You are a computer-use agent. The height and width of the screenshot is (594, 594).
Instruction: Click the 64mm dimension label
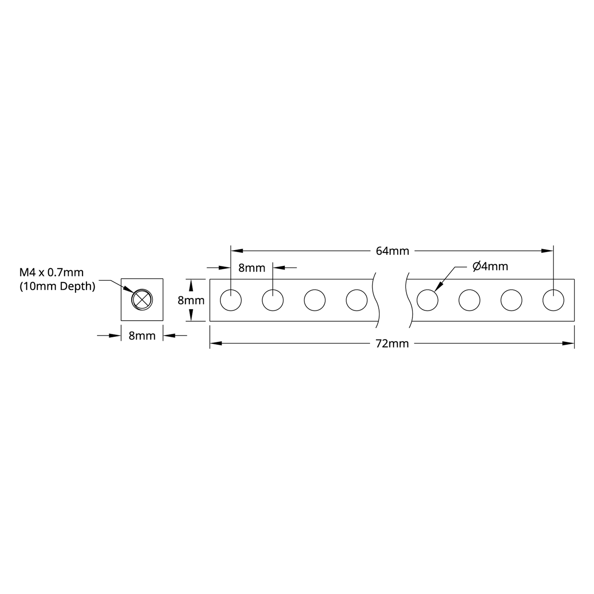392,251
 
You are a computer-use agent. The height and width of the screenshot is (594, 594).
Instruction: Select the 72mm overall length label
392,343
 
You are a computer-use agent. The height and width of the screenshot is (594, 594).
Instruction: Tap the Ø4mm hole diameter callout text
490,266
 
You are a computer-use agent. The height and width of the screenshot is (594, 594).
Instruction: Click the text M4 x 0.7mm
51,272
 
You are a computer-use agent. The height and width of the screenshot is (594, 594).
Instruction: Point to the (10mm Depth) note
57,286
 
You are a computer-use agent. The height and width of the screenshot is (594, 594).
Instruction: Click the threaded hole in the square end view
142,299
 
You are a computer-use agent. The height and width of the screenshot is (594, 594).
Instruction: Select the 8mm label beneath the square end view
142,336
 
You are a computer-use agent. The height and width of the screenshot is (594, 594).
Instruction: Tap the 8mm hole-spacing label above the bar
252,268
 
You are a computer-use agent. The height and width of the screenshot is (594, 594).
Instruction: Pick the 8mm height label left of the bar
191,300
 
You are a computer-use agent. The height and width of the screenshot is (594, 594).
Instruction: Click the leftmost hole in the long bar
231,300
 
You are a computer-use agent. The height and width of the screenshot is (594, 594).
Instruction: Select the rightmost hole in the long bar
553,300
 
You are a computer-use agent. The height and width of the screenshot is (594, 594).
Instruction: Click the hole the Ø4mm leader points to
427,300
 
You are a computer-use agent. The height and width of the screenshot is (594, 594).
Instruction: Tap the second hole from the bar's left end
273,300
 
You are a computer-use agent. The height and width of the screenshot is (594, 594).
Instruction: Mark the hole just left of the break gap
356,300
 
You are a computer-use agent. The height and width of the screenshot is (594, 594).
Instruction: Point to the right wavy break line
408,300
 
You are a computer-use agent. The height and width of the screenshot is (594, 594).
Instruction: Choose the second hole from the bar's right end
511,300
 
